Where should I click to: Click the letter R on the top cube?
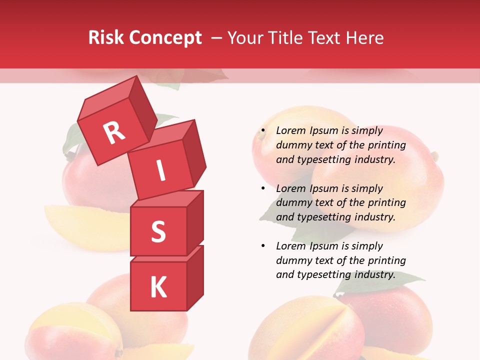(x=114, y=133)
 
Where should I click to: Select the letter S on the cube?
(x=158, y=232)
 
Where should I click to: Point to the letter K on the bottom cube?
(x=158, y=287)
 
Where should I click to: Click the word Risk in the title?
(x=106, y=38)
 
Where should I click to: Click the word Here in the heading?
(x=364, y=38)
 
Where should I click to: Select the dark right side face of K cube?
(x=194, y=277)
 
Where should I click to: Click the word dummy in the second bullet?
(x=292, y=203)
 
